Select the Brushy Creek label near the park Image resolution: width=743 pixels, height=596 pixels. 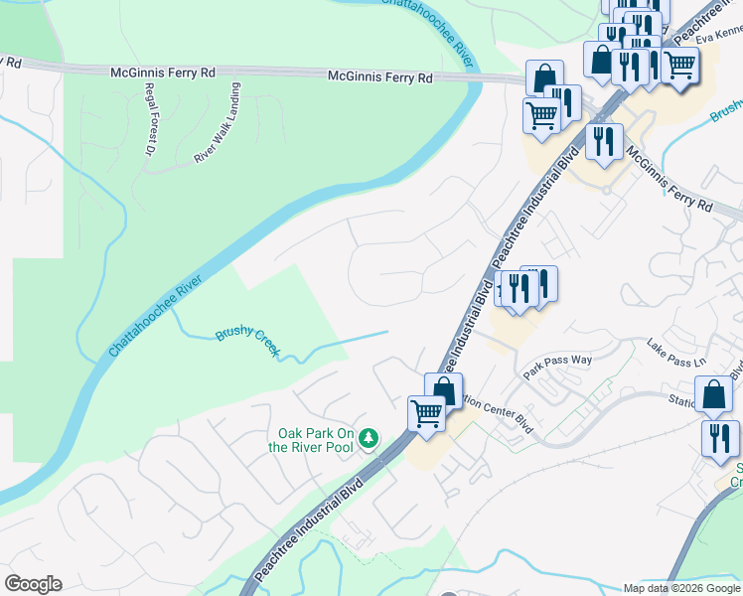point(248,344)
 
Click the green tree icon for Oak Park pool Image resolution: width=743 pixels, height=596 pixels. point(369,438)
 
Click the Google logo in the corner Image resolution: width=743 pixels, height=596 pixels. point(32,584)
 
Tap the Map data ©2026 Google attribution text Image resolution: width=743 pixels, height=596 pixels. point(681,588)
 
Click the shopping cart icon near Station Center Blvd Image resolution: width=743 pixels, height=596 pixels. point(427,412)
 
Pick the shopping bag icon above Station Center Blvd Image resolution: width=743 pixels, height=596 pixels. point(444,389)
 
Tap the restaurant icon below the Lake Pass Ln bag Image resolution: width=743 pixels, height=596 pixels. point(720,438)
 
